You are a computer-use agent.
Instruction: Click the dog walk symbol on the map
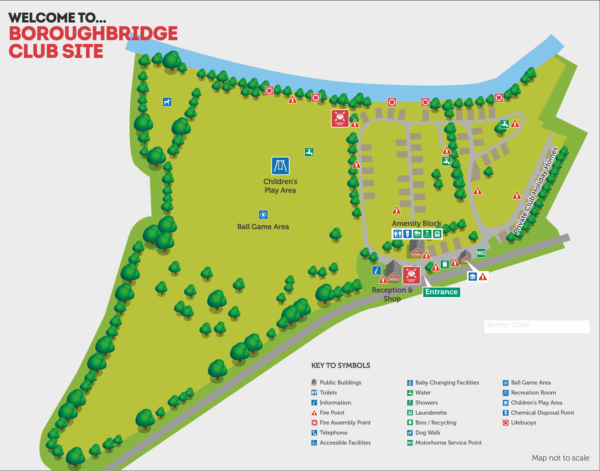click(167, 102)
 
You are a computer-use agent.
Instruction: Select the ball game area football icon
click(263, 214)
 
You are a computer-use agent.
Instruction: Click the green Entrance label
click(441, 292)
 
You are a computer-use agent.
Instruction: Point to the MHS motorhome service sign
click(481, 253)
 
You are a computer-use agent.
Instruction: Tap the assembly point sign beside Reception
click(411, 275)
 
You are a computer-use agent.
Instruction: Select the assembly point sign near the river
click(340, 118)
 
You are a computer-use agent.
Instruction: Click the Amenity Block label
click(416, 223)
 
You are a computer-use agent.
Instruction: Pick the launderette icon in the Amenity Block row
click(437, 234)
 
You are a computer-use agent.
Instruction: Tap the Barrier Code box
click(537, 327)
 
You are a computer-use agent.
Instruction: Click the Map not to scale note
click(560, 458)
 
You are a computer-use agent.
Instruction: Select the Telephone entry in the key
click(333, 432)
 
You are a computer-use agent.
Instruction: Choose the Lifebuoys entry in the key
click(523, 422)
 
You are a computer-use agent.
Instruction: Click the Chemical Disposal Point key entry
click(542, 413)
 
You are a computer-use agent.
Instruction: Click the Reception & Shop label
click(392, 294)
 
